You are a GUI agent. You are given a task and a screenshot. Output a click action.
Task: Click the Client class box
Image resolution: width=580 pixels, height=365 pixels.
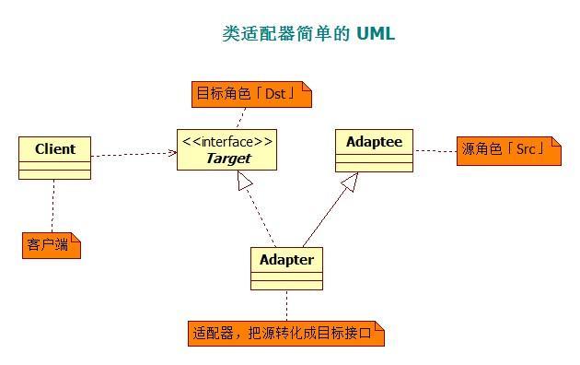pos(54,157)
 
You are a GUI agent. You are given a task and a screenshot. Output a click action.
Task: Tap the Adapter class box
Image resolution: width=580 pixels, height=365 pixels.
pos(286,267)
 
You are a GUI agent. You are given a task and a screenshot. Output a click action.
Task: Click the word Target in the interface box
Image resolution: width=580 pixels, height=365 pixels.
pos(227,159)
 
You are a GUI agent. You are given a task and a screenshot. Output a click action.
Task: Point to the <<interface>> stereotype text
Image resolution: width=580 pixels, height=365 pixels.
pos(227,142)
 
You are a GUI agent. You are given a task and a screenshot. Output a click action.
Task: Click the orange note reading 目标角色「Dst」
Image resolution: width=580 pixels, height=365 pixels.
pos(251,93)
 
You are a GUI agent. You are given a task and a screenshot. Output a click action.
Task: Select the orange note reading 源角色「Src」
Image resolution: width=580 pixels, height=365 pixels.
pos(507,149)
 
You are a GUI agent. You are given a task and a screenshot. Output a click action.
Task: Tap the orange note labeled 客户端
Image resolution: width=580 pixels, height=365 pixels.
pos(51,245)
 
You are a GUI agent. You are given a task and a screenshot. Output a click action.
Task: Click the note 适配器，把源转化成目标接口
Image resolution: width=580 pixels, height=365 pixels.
pos(285,333)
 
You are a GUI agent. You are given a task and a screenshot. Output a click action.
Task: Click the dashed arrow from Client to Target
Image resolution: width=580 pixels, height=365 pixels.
pos(133,154)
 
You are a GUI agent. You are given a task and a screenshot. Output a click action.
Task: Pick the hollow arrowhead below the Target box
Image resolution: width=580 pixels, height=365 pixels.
pos(244,182)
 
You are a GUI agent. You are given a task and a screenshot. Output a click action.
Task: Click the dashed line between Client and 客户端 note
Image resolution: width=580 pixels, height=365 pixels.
pos(53,205)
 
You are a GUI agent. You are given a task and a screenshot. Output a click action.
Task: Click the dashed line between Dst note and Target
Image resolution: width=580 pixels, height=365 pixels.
pos(241,117)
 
